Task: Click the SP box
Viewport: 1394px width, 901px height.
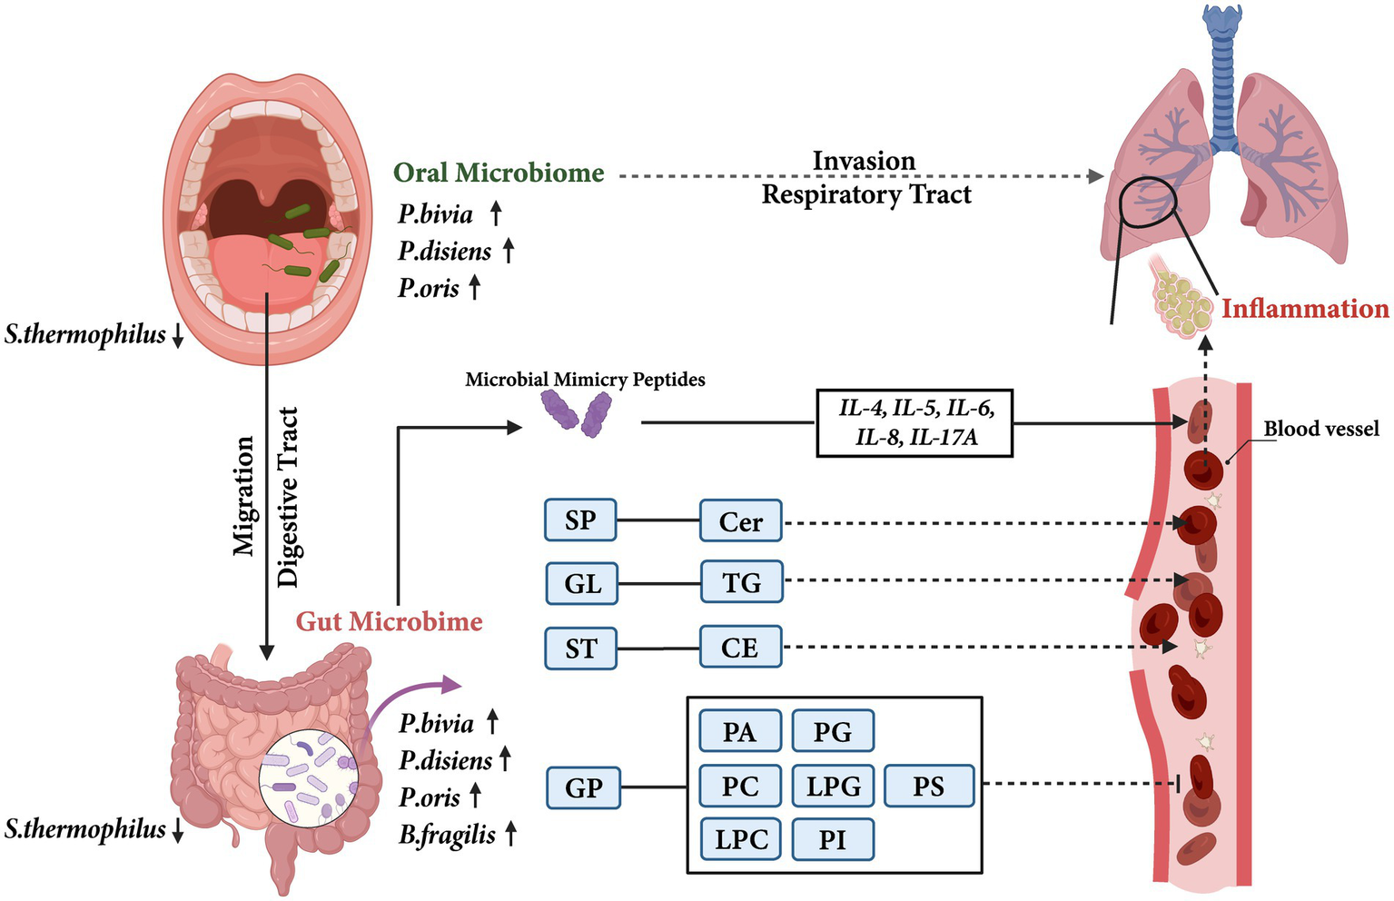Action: click(x=580, y=520)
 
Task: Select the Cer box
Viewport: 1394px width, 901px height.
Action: click(x=740, y=521)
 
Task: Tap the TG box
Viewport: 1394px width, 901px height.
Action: click(x=741, y=582)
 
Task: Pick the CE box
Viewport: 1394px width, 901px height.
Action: click(x=740, y=648)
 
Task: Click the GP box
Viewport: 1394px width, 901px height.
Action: click(x=583, y=787)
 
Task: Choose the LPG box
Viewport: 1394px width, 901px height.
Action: click(x=833, y=787)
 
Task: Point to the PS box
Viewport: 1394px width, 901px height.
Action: click(x=928, y=787)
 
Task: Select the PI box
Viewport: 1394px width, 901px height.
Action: click(x=833, y=839)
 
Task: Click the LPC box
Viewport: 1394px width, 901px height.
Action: click(x=741, y=839)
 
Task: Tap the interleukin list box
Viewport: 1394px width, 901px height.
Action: click(x=915, y=423)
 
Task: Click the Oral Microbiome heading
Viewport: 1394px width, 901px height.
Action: click(x=499, y=173)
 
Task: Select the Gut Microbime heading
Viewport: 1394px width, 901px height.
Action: click(x=390, y=621)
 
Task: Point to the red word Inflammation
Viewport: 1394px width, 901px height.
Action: click(x=1304, y=309)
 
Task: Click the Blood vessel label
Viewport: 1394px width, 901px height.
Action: click(x=1321, y=429)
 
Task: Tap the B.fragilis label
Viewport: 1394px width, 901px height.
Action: click(x=448, y=834)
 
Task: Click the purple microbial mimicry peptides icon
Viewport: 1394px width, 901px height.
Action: click(x=576, y=413)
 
